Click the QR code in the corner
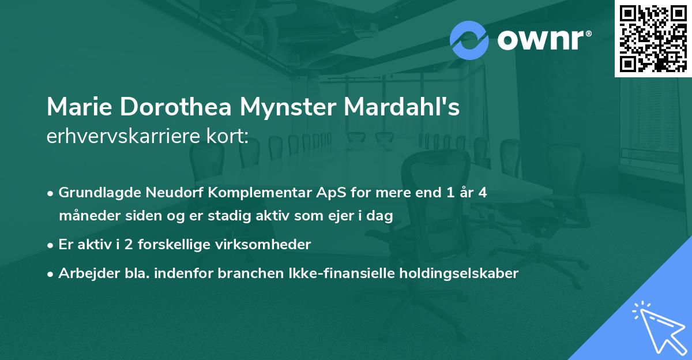click(x=653, y=39)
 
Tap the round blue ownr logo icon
click(x=469, y=40)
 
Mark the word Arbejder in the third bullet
click(x=85, y=273)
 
